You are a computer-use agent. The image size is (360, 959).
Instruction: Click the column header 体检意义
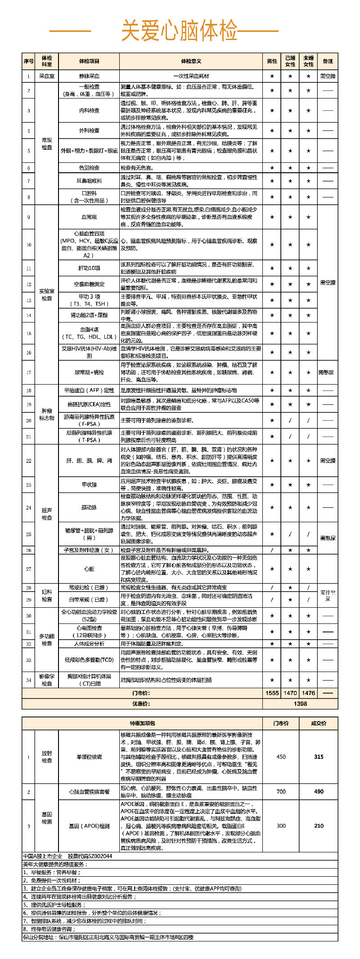191,61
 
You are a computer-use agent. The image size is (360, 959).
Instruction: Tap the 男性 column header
272,61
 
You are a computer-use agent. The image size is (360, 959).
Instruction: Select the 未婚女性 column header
308,61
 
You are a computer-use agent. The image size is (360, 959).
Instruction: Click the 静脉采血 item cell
89,76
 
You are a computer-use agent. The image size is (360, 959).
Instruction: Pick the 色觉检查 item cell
89,168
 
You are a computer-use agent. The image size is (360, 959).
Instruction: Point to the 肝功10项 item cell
89,268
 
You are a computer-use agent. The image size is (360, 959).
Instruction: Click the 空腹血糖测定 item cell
89,284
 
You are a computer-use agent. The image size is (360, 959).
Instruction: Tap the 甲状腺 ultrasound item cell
89,484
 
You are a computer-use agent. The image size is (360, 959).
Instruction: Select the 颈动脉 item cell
89,507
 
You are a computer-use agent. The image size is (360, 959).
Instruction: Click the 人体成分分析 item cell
89,644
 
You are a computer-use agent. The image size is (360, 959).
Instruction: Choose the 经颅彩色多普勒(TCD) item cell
89,660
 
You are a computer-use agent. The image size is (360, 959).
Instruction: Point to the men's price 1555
272,693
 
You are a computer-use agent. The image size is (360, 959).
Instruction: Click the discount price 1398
300,704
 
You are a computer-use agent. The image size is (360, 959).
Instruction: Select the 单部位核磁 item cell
89,757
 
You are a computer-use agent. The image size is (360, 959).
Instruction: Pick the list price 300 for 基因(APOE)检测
281,826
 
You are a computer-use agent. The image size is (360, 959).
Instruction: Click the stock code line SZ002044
67,856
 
